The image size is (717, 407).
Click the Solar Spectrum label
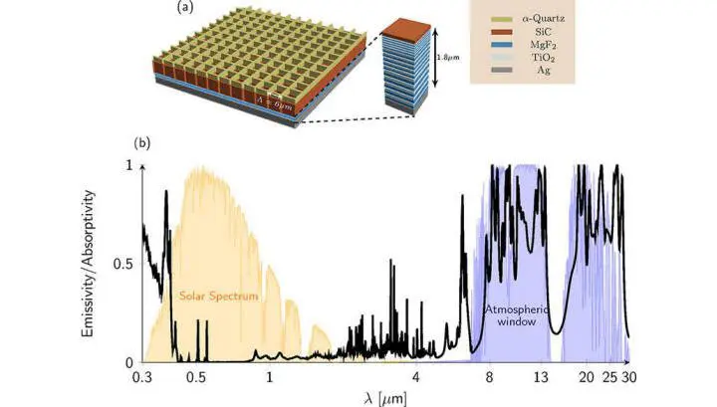[218, 296]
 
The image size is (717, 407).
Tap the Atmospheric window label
[517, 315]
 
